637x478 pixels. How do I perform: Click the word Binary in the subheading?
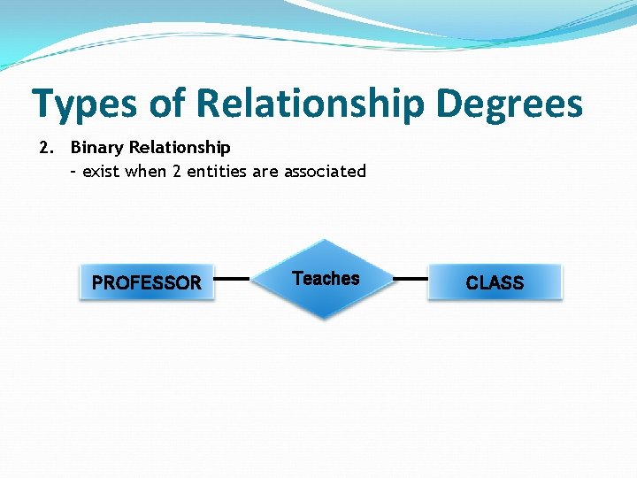click(96, 147)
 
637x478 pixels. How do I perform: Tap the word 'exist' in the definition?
click(102, 171)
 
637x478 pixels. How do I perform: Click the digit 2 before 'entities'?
click(177, 171)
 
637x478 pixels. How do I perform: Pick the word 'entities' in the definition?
click(218, 171)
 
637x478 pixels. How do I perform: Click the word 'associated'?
click(325, 171)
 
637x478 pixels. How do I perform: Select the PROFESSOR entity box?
click(147, 282)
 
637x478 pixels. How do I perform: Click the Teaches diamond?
click(326, 280)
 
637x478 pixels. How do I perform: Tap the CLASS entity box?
click(495, 282)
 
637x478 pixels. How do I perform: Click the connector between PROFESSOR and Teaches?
click(232, 278)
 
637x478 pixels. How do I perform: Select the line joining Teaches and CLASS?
click(410, 278)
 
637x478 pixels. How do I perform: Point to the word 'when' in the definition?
click(145, 171)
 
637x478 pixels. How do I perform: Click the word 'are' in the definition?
click(265, 171)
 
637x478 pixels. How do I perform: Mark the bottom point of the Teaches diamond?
click(326, 318)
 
